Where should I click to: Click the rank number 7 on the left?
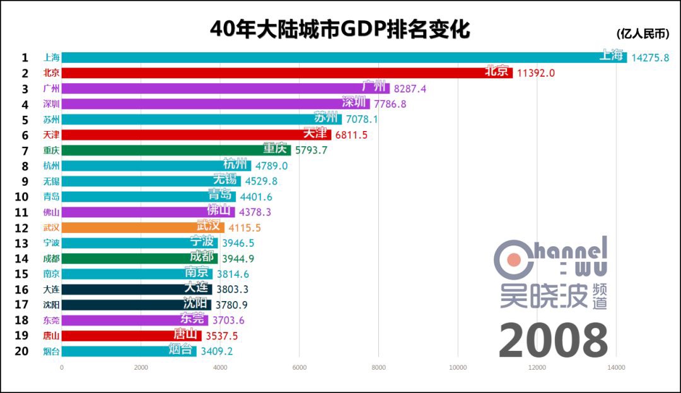[25, 151]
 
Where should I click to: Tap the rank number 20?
[21, 351]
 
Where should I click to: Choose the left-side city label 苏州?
[52, 119]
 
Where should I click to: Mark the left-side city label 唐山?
[52, 336]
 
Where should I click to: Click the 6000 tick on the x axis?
[299, 367]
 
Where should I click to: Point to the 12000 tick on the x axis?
[537, 367]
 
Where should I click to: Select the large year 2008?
[553, 341]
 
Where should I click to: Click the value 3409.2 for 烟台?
[216, 351]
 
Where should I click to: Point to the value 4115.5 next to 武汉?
[245, 227]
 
